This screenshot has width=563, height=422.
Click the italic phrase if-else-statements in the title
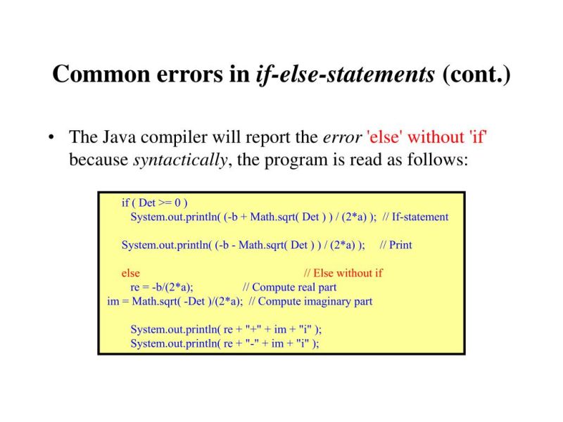point(346,74)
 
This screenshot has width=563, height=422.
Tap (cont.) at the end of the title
point(476,74)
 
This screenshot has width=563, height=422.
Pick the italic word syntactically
point(179,160)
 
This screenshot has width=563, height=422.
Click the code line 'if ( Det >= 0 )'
point(155,203)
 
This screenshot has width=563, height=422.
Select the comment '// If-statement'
point(415,217)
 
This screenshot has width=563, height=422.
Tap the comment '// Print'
point(396,245)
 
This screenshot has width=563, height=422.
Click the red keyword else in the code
point(131,273)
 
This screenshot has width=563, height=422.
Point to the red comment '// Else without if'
point(343,273)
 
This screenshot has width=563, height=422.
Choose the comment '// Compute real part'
point(289,287)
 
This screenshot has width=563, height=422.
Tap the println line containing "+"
point(226,329)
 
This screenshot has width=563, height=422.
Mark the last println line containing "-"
point(224,343)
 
